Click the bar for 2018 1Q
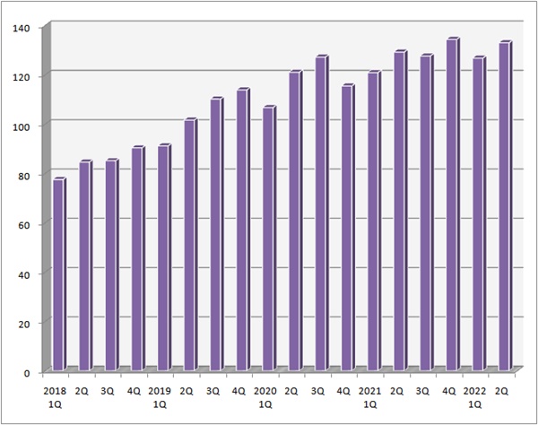(59, 274)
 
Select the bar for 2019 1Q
(164, 257)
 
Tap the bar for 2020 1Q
(269, 239)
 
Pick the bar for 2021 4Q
(453, 204)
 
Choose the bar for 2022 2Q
(506, 205)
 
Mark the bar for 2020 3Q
(322, 212)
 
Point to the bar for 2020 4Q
(348, 227)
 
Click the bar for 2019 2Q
(191, 244)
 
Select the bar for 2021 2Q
(401, 211)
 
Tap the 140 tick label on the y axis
(21, 28)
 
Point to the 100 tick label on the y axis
(21, 126)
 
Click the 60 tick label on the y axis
(23, 225)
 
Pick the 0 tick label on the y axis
(26, 373)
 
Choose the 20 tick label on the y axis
(23, 324)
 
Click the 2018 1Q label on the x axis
(55, 398)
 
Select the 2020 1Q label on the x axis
(265, 398)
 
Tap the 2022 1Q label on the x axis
(475, 398)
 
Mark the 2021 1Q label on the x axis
(369, 398)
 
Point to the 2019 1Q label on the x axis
(160, 398)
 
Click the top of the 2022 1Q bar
(480, 57)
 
